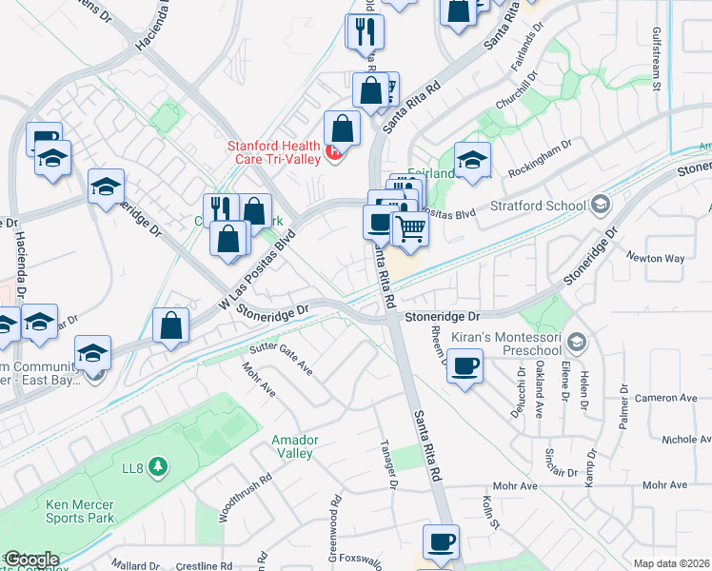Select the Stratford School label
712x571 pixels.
coord(540,205)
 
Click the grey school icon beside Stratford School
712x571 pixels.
coord(600,204)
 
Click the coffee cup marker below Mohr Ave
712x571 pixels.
coord(441,542)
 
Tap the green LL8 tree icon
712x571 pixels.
coord(158,466)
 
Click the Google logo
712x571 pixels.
coord(31,560)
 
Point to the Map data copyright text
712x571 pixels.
coord(672,563)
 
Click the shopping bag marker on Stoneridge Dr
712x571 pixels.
coord(169,325)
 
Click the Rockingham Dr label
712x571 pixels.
coord(544,154)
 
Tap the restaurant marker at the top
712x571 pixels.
coord(365,32)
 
